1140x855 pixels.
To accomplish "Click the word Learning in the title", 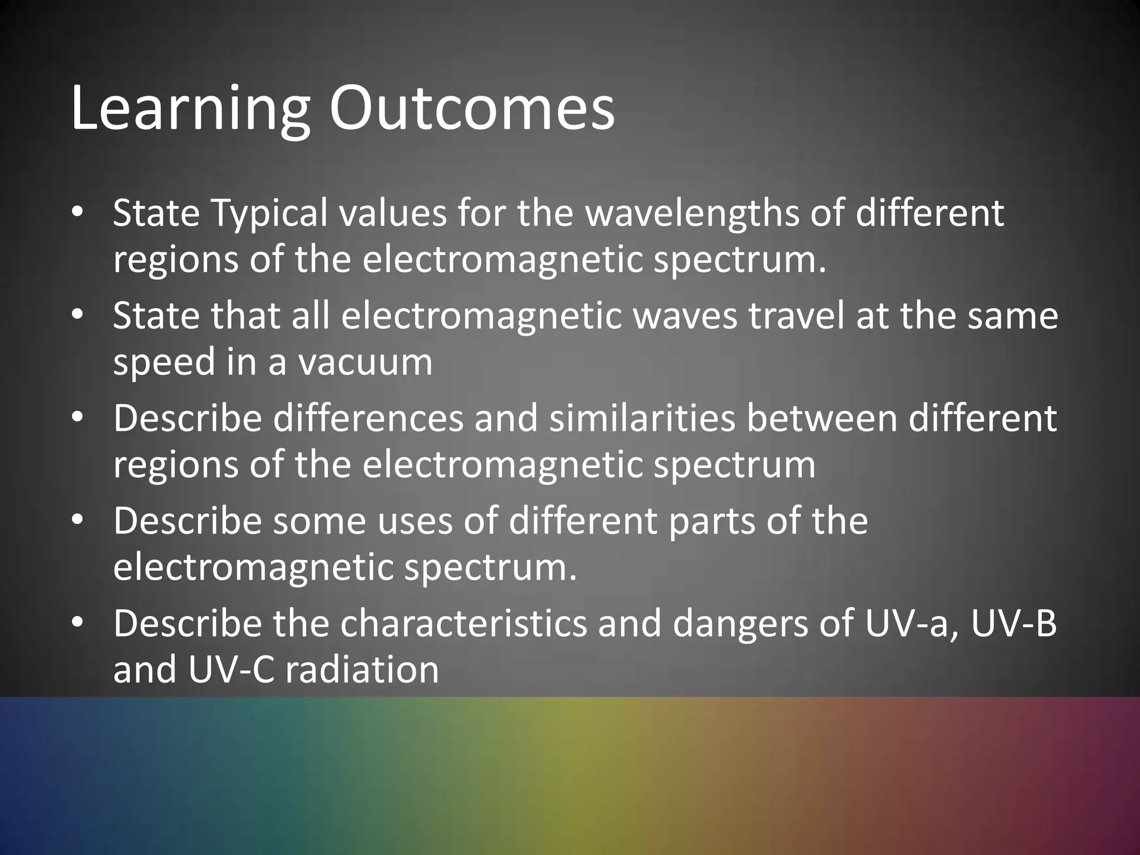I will [x=190, y=110].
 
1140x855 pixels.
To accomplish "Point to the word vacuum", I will [x=365, y=362].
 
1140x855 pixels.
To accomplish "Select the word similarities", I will [x=642, y=418].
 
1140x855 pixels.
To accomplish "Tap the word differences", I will [x=368, y=418].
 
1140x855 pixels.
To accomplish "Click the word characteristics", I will [x=464, y=623].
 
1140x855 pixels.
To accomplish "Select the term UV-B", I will [x=1014, y=623].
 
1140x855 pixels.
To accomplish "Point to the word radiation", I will [x=362, y=670].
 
